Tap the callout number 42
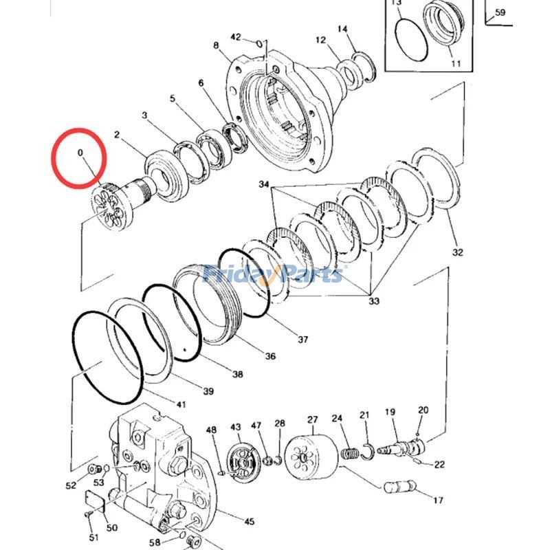[236, 36]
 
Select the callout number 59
[500, 12]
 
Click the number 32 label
[458, 252]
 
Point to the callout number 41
[181, 404]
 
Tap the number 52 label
[71, 486]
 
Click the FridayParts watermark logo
[273, 275]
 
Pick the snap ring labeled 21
[367, 450]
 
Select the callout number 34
[265, 185]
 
